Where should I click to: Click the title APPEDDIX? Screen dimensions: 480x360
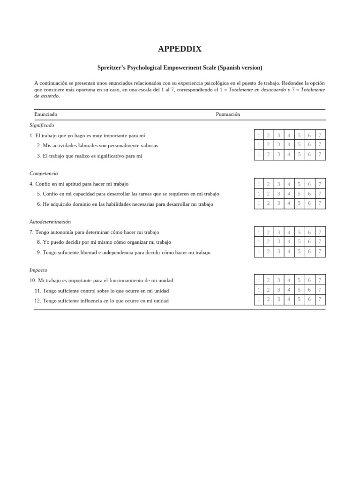(x=180, y=49)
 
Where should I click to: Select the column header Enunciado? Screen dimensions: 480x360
(x=45, y=114)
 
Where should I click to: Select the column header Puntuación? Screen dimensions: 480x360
(x=228, y=114)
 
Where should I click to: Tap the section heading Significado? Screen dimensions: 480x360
(x=42, y=125)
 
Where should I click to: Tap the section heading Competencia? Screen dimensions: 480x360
(x=44, y=173)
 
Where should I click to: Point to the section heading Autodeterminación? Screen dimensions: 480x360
(x=50, y=222)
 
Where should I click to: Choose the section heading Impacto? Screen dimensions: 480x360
(x=38, y=270)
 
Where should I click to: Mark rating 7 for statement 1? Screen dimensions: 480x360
(x=320, y=135)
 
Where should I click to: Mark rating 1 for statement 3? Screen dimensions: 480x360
(x=259, y=155)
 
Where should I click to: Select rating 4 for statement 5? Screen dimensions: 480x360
(x=289, y=194)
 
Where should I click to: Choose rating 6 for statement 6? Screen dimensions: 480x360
(x=309, y=203)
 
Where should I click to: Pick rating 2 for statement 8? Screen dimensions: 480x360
(x=269, y=242)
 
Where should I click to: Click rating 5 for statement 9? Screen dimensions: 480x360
(x=299, y=252)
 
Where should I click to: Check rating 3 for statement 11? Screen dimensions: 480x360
(x=278, y=290)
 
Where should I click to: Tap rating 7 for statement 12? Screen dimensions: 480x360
(x=320, y=300)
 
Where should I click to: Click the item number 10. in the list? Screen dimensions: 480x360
(x=32, y=281)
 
